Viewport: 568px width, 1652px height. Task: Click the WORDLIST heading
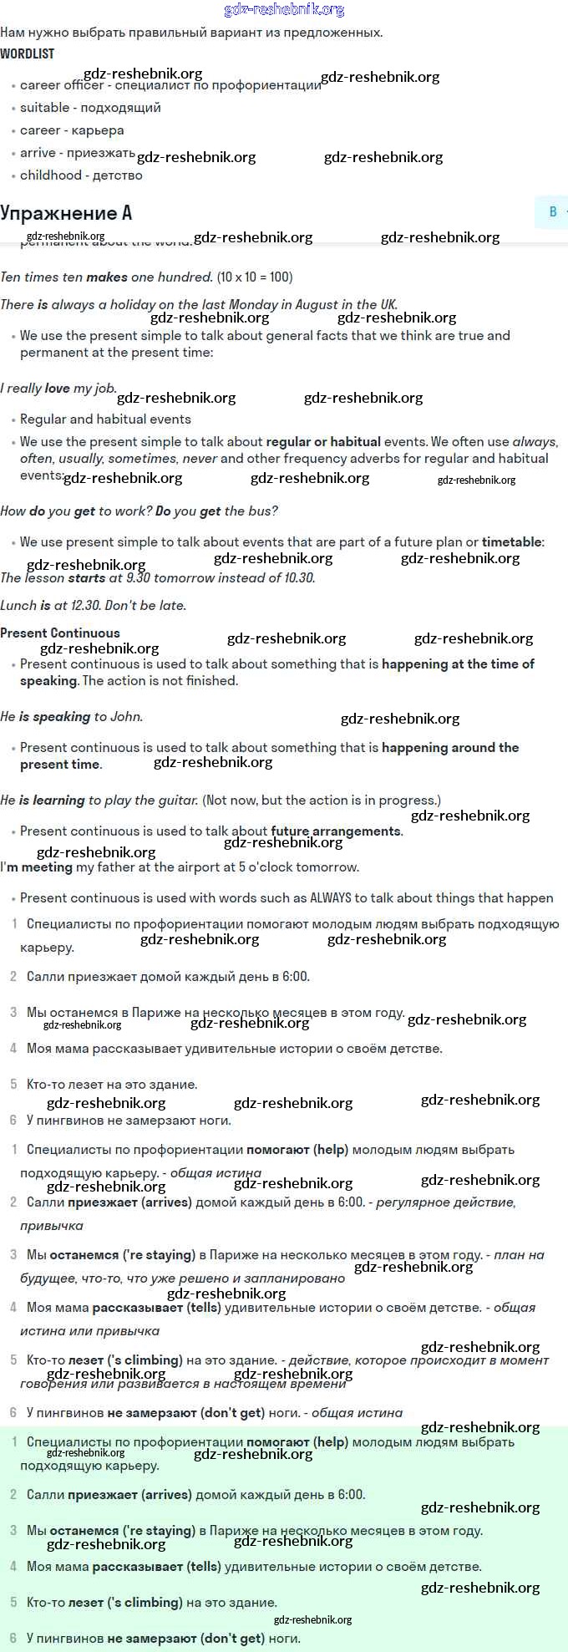click(x=28, y=53)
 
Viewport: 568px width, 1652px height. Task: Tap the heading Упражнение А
click(x=66, y=213)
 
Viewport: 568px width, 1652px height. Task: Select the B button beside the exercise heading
click(x=552, y=212)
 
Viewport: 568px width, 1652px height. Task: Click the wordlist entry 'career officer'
click(x=62, y=85)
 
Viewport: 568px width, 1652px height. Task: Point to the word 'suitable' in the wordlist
click(x=45, y=108)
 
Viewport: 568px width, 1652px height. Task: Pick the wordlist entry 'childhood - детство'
click(x=81, y=175)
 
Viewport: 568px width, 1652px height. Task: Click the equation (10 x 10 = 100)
click(x=255, y=277)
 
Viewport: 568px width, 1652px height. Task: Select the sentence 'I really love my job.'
click(x=58, y=389)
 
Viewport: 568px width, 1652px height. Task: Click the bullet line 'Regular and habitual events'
click(x=105, y=419)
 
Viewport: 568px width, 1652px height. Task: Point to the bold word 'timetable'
click(x=511, y=542)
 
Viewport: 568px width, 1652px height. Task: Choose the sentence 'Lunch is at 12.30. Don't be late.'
click(x=94, y=606)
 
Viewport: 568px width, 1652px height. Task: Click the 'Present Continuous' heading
click(x=60, y=633)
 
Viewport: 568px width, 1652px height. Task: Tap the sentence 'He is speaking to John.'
click(x=72, y=717)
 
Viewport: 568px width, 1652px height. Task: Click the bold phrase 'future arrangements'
click(x=336, y=831)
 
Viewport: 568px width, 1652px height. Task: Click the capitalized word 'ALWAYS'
click(x=331, y=898)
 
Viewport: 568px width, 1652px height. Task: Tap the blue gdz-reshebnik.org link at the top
click(x=284, y=10)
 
